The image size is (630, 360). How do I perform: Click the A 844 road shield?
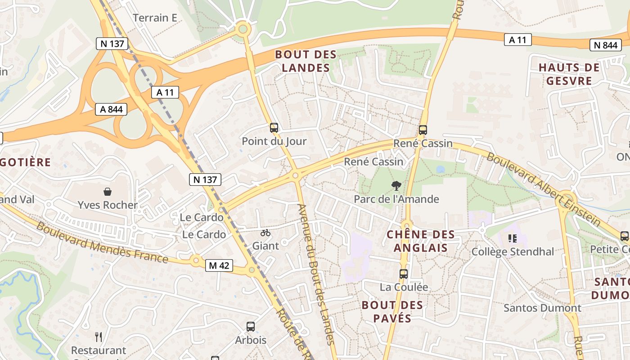(111, 109)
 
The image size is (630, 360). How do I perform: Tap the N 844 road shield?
(605, 45)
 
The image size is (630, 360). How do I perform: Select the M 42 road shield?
(219, 265)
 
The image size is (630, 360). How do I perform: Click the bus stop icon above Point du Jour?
(274, 128)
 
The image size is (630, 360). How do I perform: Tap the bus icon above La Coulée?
(404, 274)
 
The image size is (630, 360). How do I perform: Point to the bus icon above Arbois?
(251, 327)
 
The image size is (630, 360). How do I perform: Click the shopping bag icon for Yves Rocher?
(108, 192)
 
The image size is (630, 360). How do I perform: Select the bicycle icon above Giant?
(265, 233)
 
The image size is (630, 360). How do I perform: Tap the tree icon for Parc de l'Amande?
(396, 185)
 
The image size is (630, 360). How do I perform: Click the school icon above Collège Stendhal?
(512, 238)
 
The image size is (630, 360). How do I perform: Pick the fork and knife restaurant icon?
(99, 337)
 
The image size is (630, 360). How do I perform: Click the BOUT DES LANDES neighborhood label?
(306, 61)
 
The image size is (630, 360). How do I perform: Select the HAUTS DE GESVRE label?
(569, 74)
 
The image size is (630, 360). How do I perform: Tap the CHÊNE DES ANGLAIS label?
(421, 241)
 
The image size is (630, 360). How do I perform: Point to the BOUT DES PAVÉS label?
(392, 311)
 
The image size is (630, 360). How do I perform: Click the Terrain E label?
(155, 18)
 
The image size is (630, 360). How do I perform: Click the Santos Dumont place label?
(542, 308)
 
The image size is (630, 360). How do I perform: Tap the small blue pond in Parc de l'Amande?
(440, 169)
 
